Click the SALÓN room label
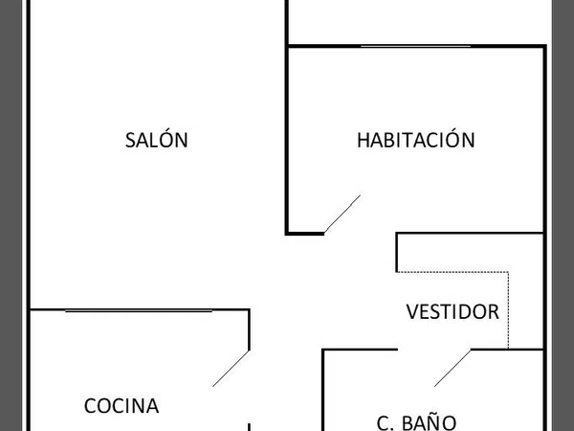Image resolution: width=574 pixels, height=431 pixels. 157,139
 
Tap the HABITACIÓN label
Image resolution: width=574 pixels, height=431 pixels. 416,139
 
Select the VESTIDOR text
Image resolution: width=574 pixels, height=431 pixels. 453,311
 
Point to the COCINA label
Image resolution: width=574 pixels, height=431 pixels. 121,406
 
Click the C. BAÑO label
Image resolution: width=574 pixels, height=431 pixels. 416,422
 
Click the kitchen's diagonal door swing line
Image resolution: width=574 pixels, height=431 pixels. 231,369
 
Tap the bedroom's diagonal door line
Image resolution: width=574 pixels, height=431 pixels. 342,214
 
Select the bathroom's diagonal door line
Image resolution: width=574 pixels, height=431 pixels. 453,368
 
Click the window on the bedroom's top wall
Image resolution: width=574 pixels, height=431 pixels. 415,46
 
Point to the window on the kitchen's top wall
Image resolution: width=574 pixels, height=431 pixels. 139,310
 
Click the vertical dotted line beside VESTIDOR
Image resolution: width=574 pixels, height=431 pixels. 508,310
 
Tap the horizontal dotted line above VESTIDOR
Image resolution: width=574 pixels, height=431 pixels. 453,272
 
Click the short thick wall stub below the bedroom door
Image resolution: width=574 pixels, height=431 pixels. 305,233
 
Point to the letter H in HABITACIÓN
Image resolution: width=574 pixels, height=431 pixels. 364,140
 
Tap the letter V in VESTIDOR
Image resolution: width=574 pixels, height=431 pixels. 412,311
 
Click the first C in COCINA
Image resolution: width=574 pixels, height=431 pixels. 91,406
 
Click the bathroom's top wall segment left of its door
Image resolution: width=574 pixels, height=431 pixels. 361,350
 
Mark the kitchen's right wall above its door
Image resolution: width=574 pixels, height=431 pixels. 250,329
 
